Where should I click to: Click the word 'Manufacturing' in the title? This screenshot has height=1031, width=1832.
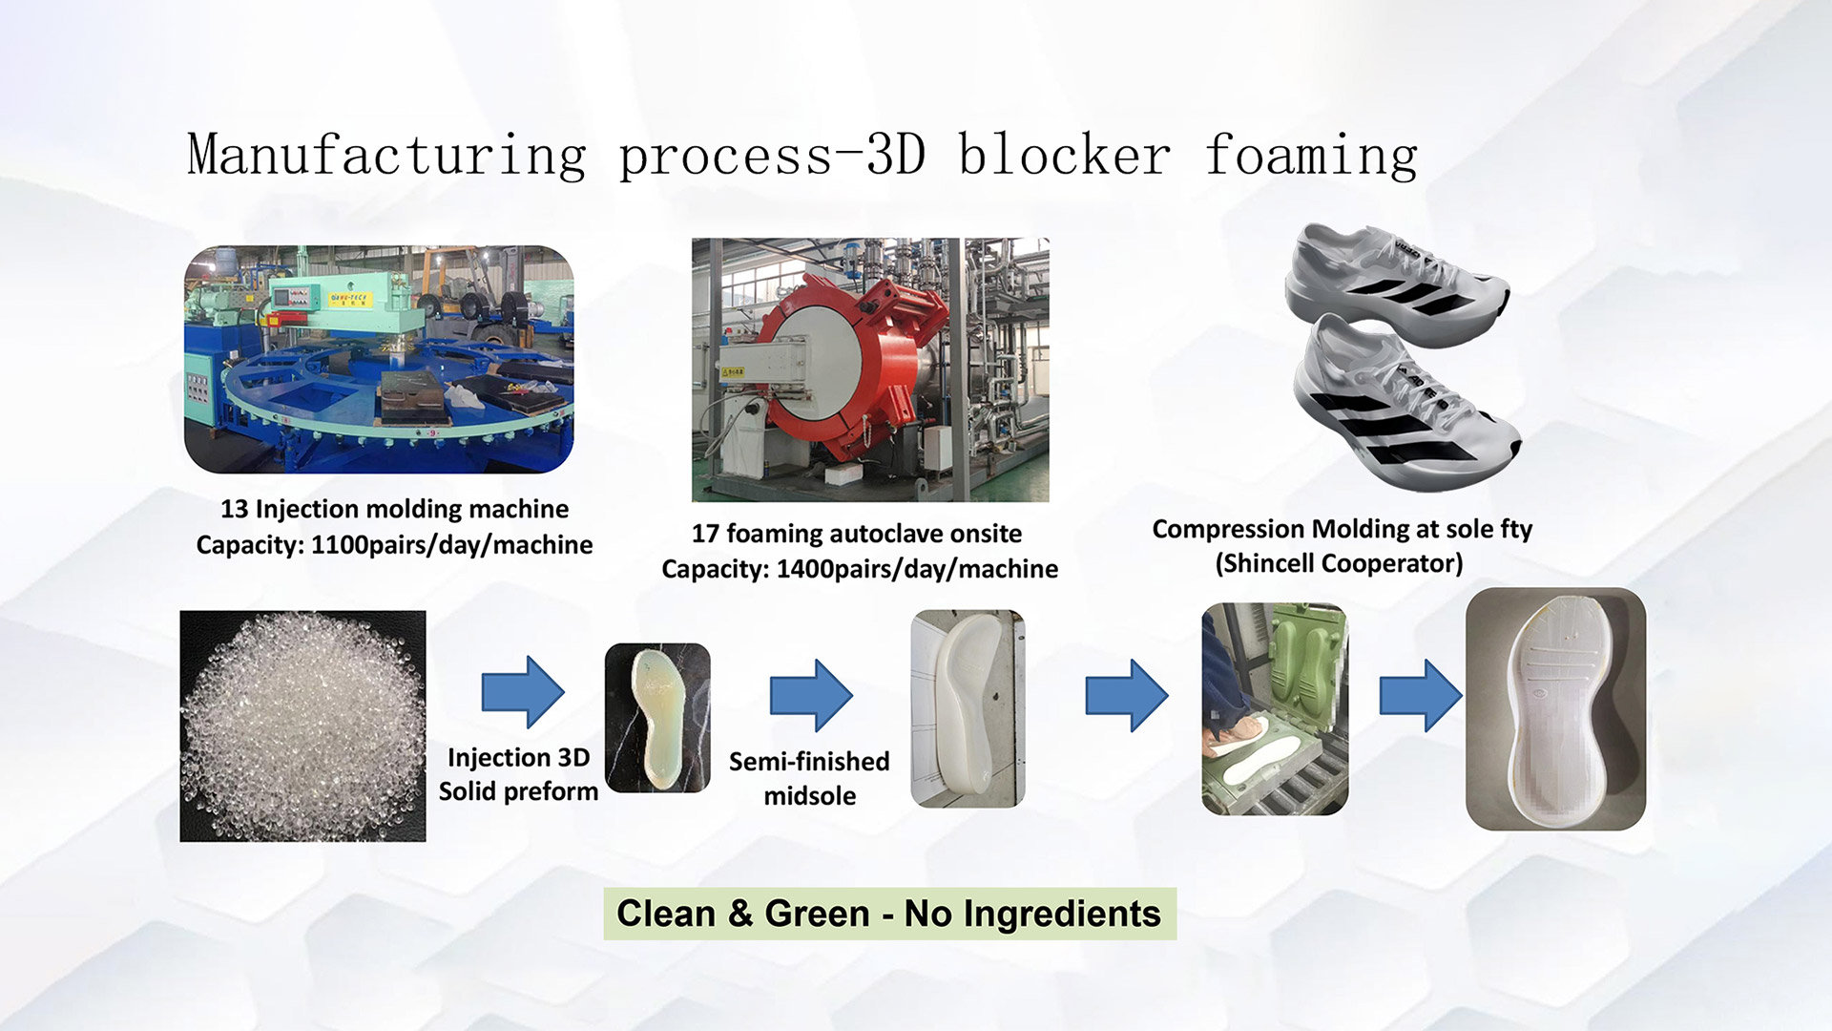point(386,155)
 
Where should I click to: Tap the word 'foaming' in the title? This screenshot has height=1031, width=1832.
point(1311,155)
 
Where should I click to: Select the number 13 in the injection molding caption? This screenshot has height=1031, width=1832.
point(234,509)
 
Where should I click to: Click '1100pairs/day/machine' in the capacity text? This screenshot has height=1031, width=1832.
point(451,545)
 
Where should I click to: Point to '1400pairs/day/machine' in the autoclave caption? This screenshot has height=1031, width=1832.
point(917,570)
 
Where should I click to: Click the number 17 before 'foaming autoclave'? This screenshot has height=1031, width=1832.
point(705,534)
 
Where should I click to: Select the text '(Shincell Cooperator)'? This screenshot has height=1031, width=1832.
point(1339,564)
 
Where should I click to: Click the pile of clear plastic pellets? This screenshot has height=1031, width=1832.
point(302,726)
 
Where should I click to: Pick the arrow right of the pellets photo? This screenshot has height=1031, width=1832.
point(523,692)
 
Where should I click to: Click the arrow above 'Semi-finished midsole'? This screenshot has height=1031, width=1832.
point(811,696)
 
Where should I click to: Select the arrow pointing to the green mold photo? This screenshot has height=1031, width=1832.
point(1127,696)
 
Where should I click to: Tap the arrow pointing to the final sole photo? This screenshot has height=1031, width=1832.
point(1421,696)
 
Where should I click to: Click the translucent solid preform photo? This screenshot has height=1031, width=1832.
point(657,718)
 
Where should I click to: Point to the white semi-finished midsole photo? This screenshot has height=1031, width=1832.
point(968,708)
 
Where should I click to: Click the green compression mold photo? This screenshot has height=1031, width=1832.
point(1275,708)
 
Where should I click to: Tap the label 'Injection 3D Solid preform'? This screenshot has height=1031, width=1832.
point(518,774)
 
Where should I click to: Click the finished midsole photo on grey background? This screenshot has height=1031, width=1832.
point(1555,708)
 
